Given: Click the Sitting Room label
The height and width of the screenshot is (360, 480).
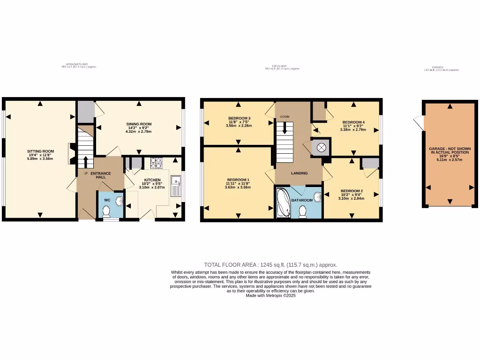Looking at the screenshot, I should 40,151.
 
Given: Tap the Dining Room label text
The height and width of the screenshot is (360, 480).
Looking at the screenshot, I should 139,124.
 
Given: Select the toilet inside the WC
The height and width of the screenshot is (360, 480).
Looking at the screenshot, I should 106,212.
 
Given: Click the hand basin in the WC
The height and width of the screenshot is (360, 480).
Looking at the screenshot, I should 119,201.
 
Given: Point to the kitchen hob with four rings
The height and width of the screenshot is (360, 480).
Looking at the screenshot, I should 156,163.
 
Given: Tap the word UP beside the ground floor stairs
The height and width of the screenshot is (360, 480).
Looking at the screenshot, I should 86,174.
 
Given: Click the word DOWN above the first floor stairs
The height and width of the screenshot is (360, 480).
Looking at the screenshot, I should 285,116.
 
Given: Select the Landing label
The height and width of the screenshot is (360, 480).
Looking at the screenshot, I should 299,173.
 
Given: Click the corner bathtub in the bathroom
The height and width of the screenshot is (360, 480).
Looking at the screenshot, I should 284,202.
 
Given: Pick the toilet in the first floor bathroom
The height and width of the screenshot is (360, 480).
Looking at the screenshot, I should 302,212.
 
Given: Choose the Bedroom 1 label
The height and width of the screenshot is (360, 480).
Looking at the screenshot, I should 238,180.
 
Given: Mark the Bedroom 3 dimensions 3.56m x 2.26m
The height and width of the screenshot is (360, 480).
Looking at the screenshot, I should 239,126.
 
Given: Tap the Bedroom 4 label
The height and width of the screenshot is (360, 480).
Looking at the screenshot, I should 353,122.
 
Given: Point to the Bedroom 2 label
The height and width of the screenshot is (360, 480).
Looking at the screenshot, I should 352,191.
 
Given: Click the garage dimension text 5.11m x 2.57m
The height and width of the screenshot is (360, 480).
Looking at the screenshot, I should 450,159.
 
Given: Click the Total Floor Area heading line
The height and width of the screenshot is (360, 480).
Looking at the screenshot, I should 270,265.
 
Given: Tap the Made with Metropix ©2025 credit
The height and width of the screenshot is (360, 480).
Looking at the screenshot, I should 270,295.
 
